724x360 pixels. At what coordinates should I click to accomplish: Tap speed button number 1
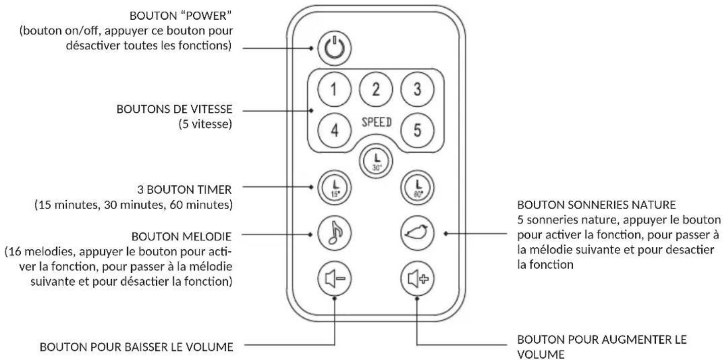click(334, 89)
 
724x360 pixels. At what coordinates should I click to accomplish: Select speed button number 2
click(375, 89)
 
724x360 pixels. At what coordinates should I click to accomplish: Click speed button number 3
click(417, 89)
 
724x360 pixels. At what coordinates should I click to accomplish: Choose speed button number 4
click(334, 130)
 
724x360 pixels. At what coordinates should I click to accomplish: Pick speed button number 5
click(417, 130)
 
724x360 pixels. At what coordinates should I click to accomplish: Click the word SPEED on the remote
click(376, 122)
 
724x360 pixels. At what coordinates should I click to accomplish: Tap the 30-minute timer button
click(376, 161)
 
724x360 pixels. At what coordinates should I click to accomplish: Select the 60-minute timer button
click(417, 188)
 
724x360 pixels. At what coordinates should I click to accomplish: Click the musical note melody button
click(334, 233)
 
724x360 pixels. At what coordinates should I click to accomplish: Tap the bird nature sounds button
click(417, 233)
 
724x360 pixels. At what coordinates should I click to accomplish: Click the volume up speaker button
click(417, 278)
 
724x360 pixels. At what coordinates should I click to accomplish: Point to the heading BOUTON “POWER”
click(181, 16)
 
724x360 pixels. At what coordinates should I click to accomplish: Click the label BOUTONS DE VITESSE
click(175, 109)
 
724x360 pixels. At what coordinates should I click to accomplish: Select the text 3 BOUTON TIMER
click(184, 190)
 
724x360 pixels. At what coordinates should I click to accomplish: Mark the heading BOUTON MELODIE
click(181, 237)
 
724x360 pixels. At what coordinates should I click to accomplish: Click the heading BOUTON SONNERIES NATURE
click(597, 205)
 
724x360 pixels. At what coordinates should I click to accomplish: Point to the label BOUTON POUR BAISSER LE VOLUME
click(137, 347)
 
